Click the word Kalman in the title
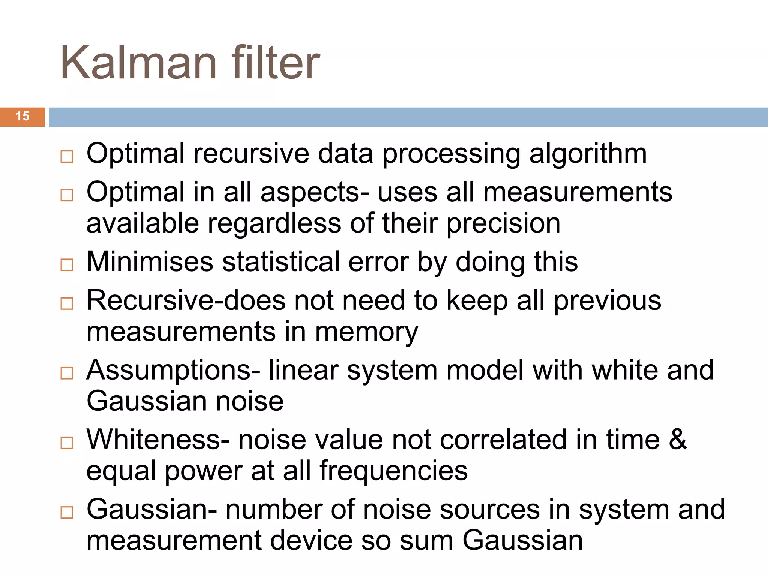pyautogui.click(x=139, y=63)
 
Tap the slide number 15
pyautogui.click(x=22, y=116)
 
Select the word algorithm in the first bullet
pyautogui.click(x=588, y=154)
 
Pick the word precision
pyautogui.click(x=503, y=224)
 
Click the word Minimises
pyautogui.click(x=150, y=261)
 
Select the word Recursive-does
pyautogui.click(x=186, y=300)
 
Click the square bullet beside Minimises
pyautogui.click(x=67, y=265)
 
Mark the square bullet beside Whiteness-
pyautogui.click(x=67, y=442)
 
